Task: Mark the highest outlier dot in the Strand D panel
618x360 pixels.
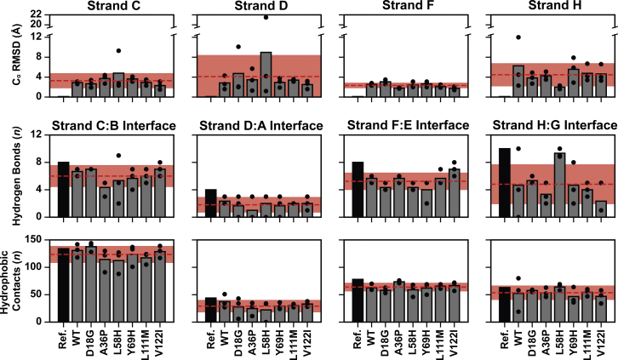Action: click(266, 17)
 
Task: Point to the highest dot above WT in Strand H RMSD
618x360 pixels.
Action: click(518, 37)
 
